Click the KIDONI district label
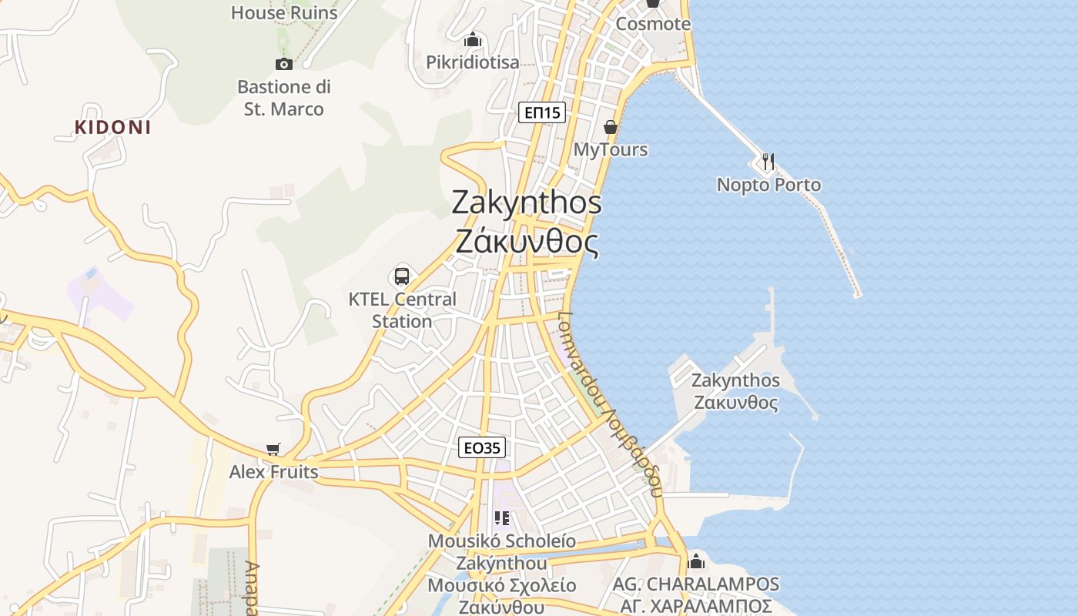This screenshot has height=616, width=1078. point(112,128)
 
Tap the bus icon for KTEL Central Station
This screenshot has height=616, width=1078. point(402,276)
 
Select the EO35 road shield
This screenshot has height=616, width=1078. point(482,447)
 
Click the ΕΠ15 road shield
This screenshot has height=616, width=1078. point(542,112)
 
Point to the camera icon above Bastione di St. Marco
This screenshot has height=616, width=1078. point(284,64)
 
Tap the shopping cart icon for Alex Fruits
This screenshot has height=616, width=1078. point(273,449)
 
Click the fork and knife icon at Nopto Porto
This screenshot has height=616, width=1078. point(768,161)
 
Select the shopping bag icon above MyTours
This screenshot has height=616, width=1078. point(611,126)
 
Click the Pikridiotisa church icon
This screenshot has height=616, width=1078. point(473,39)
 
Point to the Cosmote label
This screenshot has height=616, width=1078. point(653,24)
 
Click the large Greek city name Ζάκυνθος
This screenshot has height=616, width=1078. point(527,242)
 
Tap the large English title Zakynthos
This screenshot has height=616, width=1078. point(527,202)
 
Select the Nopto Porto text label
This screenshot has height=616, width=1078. point(768,185)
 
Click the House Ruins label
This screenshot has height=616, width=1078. point(284,12)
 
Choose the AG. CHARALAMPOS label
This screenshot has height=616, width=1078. point(696,584)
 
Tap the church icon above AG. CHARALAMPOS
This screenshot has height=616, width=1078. point(696,561)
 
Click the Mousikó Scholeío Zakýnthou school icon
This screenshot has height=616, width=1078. point(502,518)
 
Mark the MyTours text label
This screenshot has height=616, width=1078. point(611,149)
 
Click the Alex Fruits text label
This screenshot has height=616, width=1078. point(273,471)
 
